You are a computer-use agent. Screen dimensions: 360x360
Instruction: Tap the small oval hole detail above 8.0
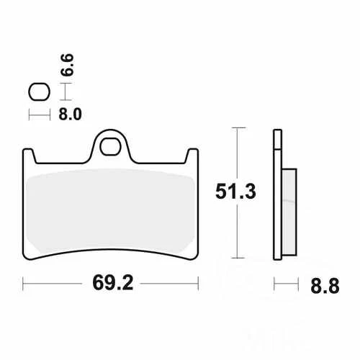point(37,91)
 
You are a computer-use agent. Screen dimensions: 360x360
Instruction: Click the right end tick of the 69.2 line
point(198,283)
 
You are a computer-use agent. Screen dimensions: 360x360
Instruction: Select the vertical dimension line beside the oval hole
point(65,91)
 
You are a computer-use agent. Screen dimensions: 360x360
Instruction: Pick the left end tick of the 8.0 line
point(29,114)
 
